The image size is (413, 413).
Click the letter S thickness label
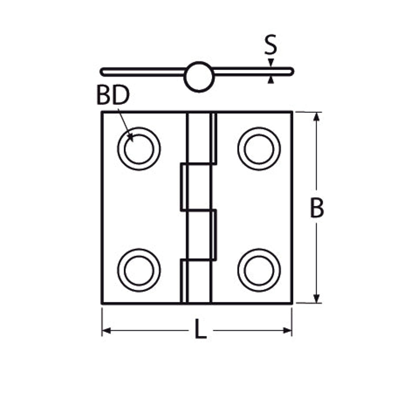pos(271,45)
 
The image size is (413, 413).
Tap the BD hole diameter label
pos(113,95)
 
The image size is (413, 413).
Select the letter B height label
pos(317,208)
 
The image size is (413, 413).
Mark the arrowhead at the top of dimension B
pos(317,116)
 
